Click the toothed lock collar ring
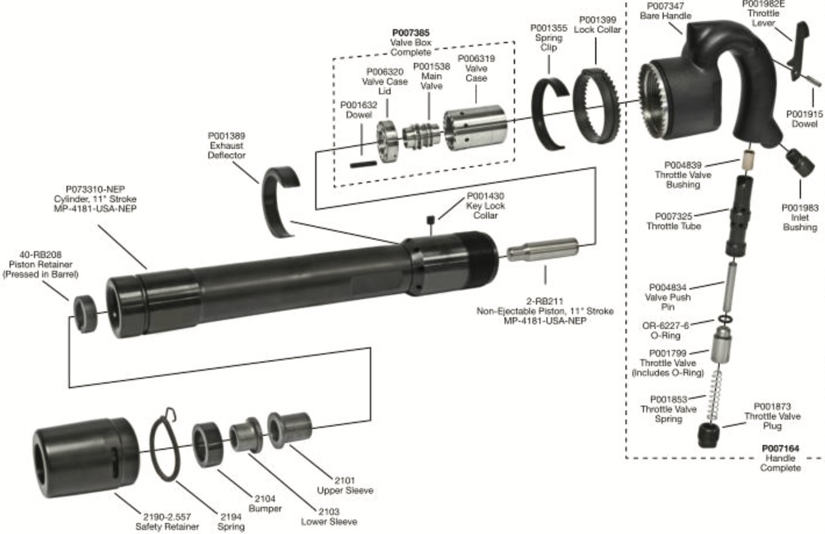pos(595,106)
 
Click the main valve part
pos(421,136)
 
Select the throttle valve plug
pos(709,437)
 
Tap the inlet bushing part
pos(800,163)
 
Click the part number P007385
pos(411,33)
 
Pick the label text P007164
pos(780,448)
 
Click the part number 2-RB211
pos(545,301)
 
